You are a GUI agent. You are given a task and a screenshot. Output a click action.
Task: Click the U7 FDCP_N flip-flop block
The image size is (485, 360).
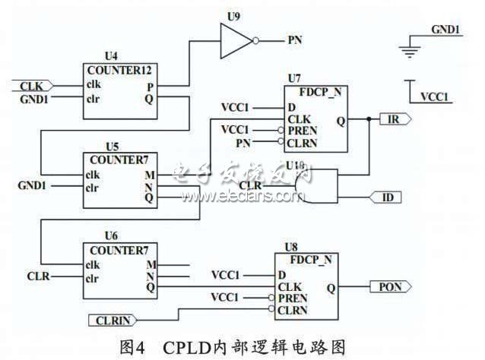(x=316, y=120)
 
